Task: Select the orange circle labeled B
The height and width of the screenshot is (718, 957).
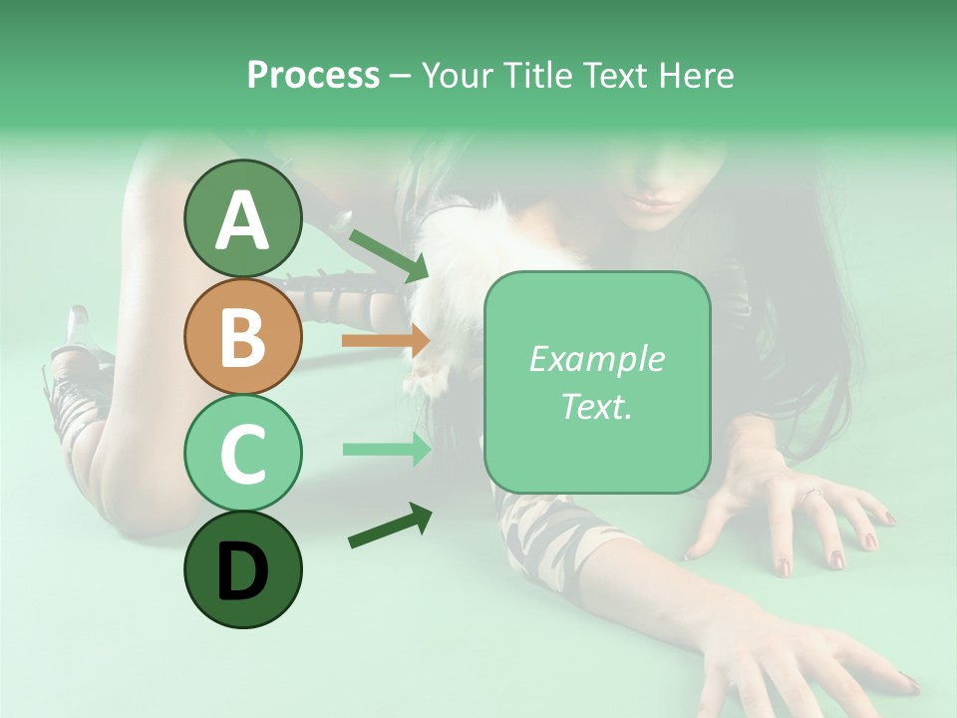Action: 242,336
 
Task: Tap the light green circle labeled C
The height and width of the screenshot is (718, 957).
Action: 242,453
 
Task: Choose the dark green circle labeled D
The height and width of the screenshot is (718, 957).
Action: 242,569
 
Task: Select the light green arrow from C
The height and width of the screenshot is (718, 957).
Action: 386,449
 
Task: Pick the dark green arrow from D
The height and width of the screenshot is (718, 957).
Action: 390,526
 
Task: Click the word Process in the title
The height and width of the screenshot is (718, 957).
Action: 313,75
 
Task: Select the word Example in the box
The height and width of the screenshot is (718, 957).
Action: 596,359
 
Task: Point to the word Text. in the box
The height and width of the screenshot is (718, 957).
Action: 596,406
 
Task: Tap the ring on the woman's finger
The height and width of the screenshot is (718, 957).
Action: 811,493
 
